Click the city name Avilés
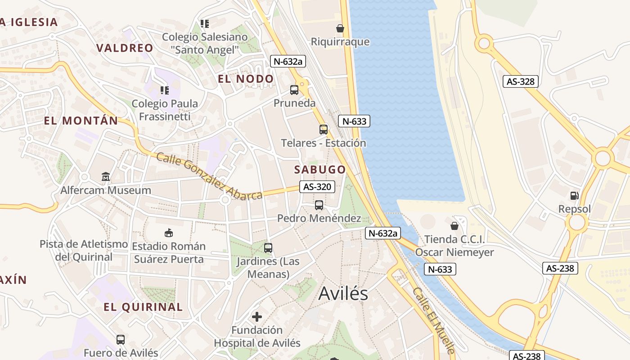[343, 293]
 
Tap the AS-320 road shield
[317, 187]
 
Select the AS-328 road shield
[520, 81]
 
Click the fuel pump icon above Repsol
[574, 195]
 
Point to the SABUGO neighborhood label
[320, 170]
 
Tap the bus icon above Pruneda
[294, 90]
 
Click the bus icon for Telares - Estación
[323, 130]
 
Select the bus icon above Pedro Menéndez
[319, 205]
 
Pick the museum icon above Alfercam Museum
[106, 176]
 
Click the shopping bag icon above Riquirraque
[340, 28]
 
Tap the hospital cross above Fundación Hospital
[257, 317]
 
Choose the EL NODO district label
[246, 79]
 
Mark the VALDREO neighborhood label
[125, 48]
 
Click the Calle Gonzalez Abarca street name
[209, 177]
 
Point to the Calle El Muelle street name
[434, 320]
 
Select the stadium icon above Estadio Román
[169, 233]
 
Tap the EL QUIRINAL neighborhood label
[143, 307]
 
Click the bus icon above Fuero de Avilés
[121, 339]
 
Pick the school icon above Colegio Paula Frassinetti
[165, 90]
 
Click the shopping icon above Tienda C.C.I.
[454, 225]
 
